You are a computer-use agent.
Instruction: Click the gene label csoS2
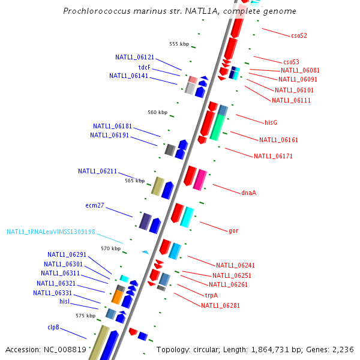[x=299, y=35]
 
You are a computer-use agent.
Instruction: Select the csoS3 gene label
[x=291, y=62]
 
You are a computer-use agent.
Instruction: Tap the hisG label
[x=271, y=122]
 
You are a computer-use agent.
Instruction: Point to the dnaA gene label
[x=248, y=193]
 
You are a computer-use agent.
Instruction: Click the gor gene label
[x=233, y=230]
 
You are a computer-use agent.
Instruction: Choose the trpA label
[x=211, y=295]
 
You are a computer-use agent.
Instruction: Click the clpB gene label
[x=53, y=327]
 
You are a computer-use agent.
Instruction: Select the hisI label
[x=65, y=301]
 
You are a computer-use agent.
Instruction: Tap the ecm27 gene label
[x=95, y=205]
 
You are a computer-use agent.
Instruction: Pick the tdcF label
[x=145, y=67]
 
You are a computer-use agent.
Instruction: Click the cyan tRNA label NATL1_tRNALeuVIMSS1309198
[x=51, y=232]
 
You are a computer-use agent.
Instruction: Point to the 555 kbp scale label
[x=179, y=44]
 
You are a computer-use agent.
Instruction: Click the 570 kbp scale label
[x=111, y=248]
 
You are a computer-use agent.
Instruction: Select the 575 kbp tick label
[x=85, y=316]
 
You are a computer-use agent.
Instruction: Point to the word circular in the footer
[x=209, y=349]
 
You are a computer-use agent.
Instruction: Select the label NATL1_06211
[x=97, y=171]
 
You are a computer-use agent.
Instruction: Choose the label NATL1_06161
[x=278, y=140]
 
